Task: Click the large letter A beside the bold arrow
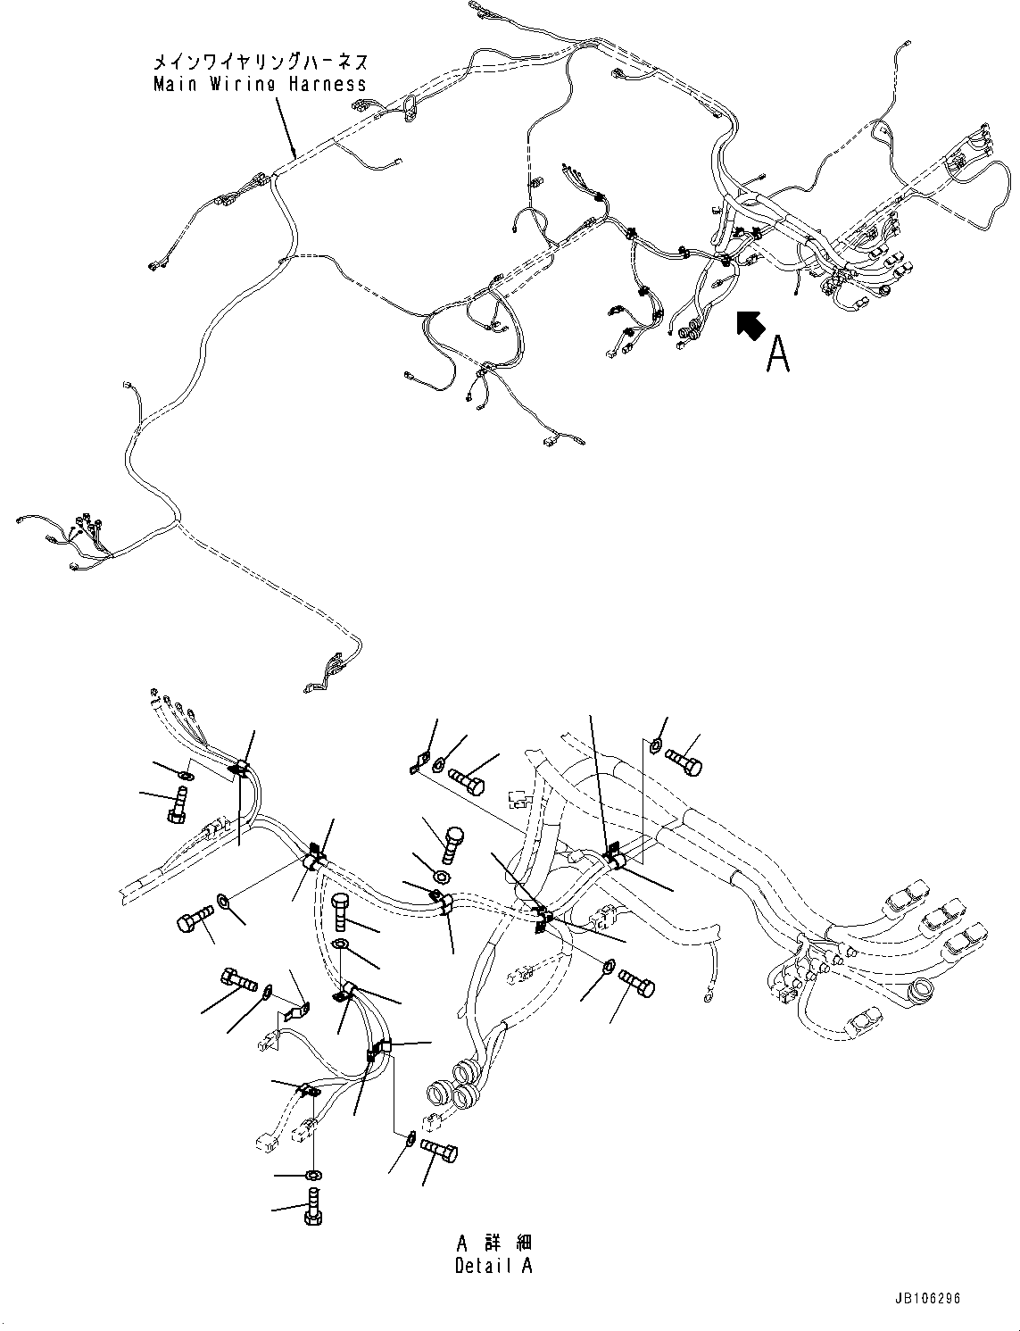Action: [x=778, y=354]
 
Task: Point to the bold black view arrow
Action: [x=750, y=325]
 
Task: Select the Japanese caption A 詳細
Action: [x=493, y=1244]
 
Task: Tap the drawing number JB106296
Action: [x=925, y=1299]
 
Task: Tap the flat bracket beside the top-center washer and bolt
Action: [x=415, y=765]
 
